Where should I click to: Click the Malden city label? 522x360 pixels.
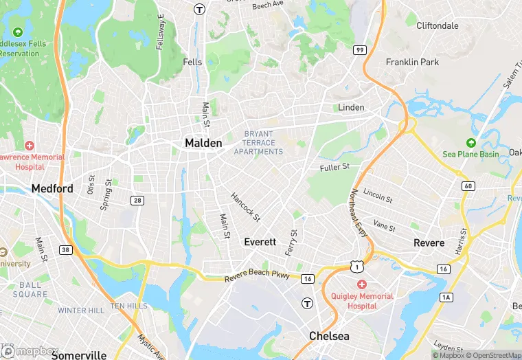tap(203, 143)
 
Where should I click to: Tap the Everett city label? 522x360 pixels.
tap(260, 242)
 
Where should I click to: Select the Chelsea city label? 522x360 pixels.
tap(329, 336)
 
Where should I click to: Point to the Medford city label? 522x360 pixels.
tap(52, 188)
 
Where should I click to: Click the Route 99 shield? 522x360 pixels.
tap(359, 50)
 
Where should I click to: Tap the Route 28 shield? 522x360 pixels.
tap(137, 200)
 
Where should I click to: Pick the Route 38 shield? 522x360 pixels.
tap(65, 249)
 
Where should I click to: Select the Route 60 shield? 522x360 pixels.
tap(468, 186)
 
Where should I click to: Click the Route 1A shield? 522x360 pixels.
tap(446, 297)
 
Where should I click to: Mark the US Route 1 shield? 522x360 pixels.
tap(354, 265)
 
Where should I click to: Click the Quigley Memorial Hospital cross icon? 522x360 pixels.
tap(361, 284)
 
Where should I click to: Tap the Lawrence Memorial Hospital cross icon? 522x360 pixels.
tap(29, 146)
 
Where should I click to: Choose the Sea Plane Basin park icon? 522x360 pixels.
tap(470, 143)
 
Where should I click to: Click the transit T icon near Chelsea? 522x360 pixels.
tap(307, 302)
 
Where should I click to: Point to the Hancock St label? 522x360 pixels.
tap(245, 207)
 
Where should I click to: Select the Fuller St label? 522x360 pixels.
tap(334, 167)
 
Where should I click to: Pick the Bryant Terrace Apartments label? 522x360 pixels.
tap(259, 143)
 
